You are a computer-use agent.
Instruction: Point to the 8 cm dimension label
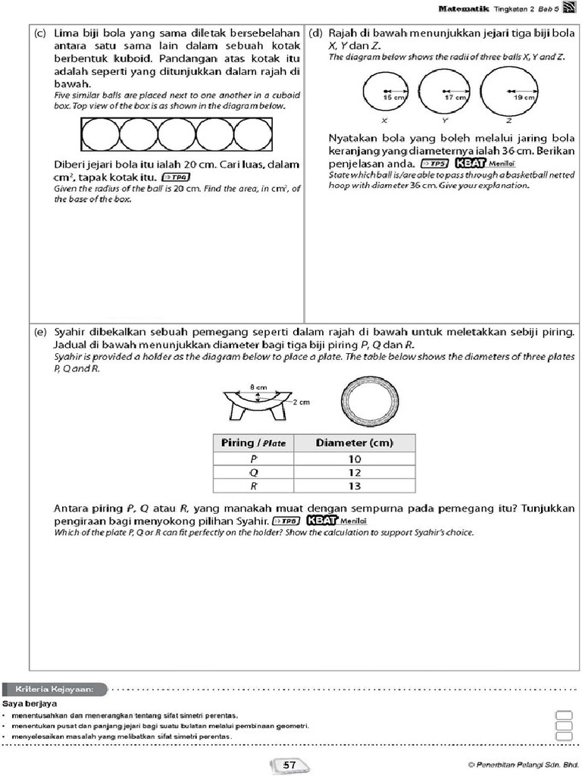point(259,386)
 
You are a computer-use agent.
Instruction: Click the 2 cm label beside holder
point(301,402)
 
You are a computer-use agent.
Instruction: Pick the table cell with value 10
point(355,459)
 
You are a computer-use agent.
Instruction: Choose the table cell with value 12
point(355,473)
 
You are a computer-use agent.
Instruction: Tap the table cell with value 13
point(355,486)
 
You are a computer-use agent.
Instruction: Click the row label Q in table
point(253,473)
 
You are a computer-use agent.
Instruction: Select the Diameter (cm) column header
point(355,443)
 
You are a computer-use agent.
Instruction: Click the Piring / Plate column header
point(253,443)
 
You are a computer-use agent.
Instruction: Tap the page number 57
point(289,765)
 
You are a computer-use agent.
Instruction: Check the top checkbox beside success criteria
point(563,715)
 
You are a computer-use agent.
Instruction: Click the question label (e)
point(41,333)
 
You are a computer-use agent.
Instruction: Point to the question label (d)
point(316,34)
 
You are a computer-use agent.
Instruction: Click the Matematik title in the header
point(464,8)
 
